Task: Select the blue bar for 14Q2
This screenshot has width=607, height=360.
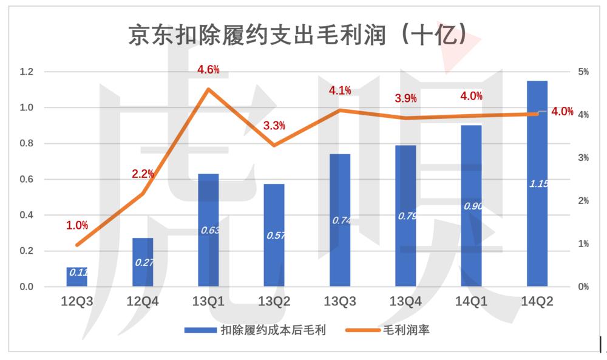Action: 537,182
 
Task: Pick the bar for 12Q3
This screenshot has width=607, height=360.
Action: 77,276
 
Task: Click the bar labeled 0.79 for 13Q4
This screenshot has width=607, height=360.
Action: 405,216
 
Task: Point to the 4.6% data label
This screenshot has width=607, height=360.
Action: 208,70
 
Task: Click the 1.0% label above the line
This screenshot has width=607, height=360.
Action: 77,225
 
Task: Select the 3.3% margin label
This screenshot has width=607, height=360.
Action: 274,126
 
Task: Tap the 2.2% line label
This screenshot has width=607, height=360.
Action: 143,174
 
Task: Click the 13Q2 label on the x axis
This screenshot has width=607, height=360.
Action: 274,301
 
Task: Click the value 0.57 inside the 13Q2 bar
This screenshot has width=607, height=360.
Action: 274,235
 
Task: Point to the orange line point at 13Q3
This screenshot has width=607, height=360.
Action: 340,110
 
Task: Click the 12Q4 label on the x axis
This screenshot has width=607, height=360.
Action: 143,301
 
